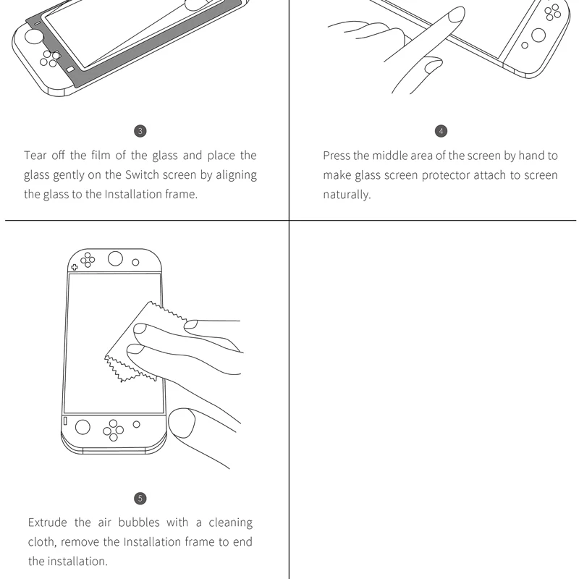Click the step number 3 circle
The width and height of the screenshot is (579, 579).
tap(140, 131)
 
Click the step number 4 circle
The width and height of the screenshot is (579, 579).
tap(441, 131)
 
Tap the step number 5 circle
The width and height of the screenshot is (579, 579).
tap(140, 499)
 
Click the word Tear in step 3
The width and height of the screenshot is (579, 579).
tap(35, 156)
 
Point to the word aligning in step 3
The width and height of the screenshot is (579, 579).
tap(236, 175)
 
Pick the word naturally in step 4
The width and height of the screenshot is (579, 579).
tap(347, 195)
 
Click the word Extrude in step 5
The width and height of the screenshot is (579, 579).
tap(48, 523)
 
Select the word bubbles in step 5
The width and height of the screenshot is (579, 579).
tap(139, 523)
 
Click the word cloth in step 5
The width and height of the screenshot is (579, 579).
tap(42, 542)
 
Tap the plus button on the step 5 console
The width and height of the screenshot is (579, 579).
tap(75, 267)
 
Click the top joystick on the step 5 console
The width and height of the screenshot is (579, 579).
tap(115, 258)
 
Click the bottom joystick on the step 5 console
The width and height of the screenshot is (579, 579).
tap(83, 427)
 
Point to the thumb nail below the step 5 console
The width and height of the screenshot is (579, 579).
tap(182, 423)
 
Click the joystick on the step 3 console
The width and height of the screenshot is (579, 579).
tap(33, 37)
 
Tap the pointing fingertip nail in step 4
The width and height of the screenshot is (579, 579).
tap(457, 14)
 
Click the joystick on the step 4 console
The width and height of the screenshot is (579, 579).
tap(538, 35)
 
